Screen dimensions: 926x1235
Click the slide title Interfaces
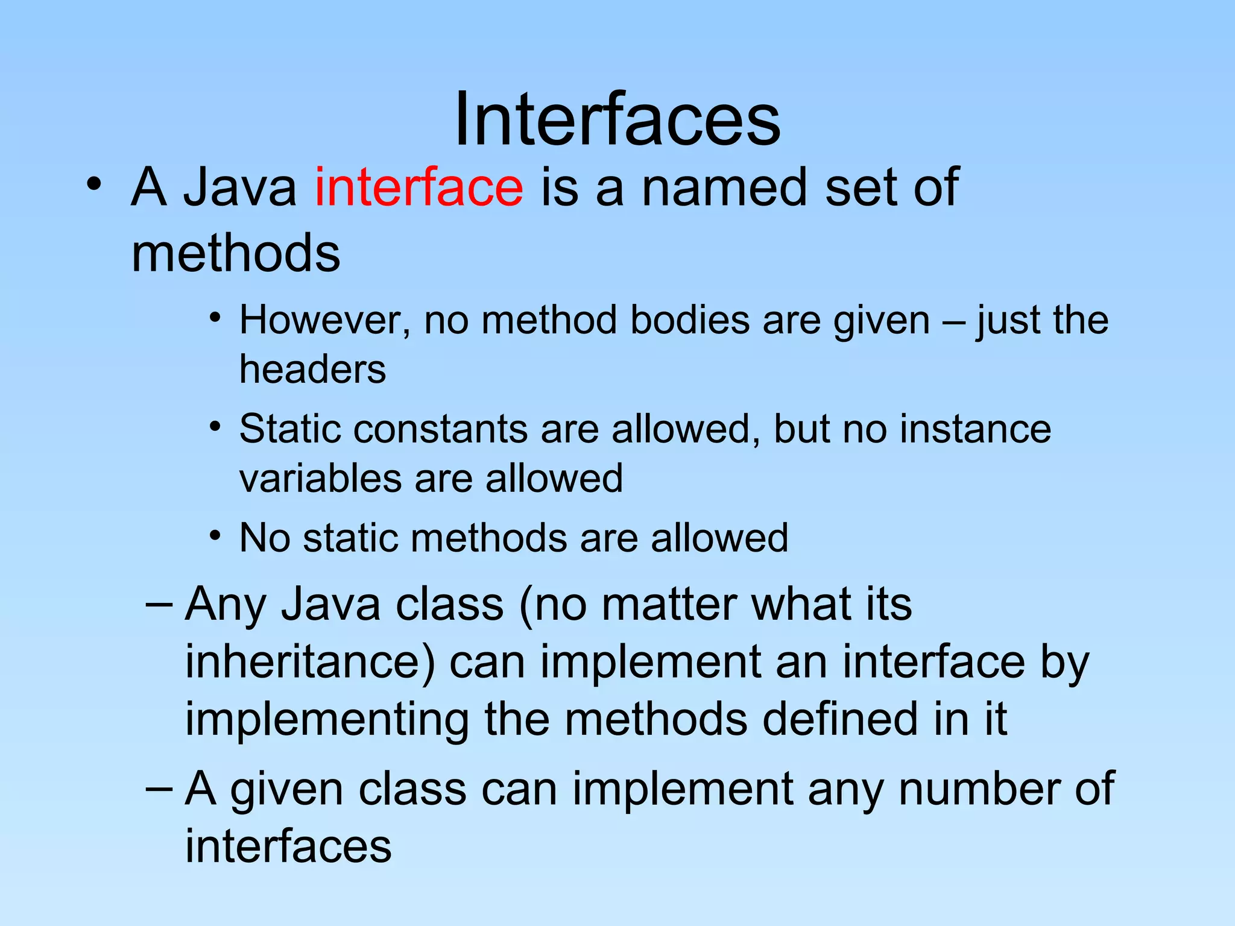(x=617, y=119)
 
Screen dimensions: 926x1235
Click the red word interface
(x=419, y=187)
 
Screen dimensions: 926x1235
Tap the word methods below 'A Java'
(x=236, y=253)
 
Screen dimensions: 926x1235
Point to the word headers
(x=312, y=369)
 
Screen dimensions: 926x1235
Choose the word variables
(x=320, y=479)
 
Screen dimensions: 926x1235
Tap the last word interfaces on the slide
(x=288, y=846)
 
